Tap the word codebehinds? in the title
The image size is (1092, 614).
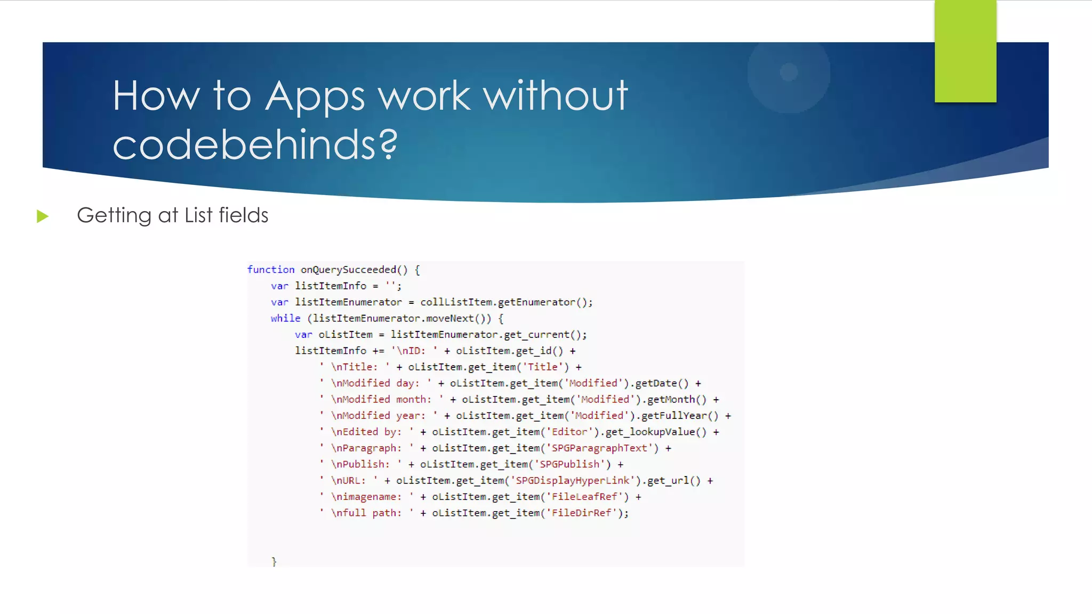255,145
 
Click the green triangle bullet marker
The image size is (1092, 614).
43,216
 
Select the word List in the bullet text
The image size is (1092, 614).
198,215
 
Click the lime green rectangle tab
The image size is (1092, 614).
965,51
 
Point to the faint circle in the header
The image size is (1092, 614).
789,72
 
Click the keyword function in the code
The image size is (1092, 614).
270,270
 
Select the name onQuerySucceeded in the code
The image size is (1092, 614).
348,270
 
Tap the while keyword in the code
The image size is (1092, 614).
285,318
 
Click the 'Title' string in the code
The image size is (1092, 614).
542,367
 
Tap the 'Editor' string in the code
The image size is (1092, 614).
569,432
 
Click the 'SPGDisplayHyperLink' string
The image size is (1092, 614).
572,481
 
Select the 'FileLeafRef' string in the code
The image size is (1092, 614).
584,497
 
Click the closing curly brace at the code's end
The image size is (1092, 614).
274,561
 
